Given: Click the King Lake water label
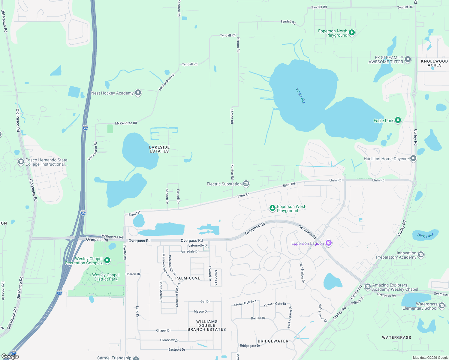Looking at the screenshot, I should point(300,96).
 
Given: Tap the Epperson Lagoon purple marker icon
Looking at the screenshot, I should point(329,243).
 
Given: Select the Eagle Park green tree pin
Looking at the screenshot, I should point(398,120).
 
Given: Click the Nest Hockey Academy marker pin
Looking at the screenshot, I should point(138,93).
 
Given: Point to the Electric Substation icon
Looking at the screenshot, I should point(246,183).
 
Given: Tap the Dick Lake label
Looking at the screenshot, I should point(425,235).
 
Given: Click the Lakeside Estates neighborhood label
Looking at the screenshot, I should point(159,149).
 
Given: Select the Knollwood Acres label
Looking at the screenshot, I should point(434,63).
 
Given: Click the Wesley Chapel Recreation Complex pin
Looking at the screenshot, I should point(107,260).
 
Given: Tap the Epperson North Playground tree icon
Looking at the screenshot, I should point(352,32).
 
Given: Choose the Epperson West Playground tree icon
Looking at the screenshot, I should point(272,208).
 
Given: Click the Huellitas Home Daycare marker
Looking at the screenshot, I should point(413,158).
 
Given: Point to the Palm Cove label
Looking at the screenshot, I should point(188,278).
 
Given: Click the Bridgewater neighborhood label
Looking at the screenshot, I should point(273,341).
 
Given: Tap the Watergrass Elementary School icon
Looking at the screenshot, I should point(441,306).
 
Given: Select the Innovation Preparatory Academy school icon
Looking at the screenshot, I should point(421,255).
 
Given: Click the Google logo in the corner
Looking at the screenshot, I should point(10,356).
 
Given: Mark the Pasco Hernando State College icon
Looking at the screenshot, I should point(21,162).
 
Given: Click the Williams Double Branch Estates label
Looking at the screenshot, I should point(207,325).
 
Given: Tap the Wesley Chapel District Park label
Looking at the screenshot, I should point(106,277).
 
